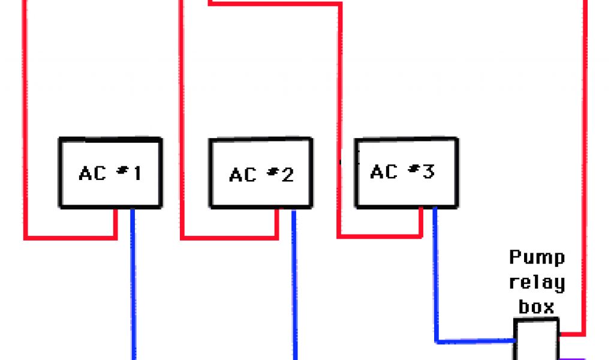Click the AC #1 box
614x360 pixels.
(110, 173)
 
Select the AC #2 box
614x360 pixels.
(260, 173)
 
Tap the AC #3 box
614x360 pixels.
(407, 173)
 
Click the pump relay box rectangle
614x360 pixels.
(536, 340)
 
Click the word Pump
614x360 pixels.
(537, 258)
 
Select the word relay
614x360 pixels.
(537, 282)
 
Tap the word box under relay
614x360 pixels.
(536, 307)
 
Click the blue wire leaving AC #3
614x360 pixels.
(435, 270)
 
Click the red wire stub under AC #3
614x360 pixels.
(421, 222)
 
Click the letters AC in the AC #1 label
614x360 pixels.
(92, 173)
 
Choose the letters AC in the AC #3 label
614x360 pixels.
(384, 172)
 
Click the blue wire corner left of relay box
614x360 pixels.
(436, 341)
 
